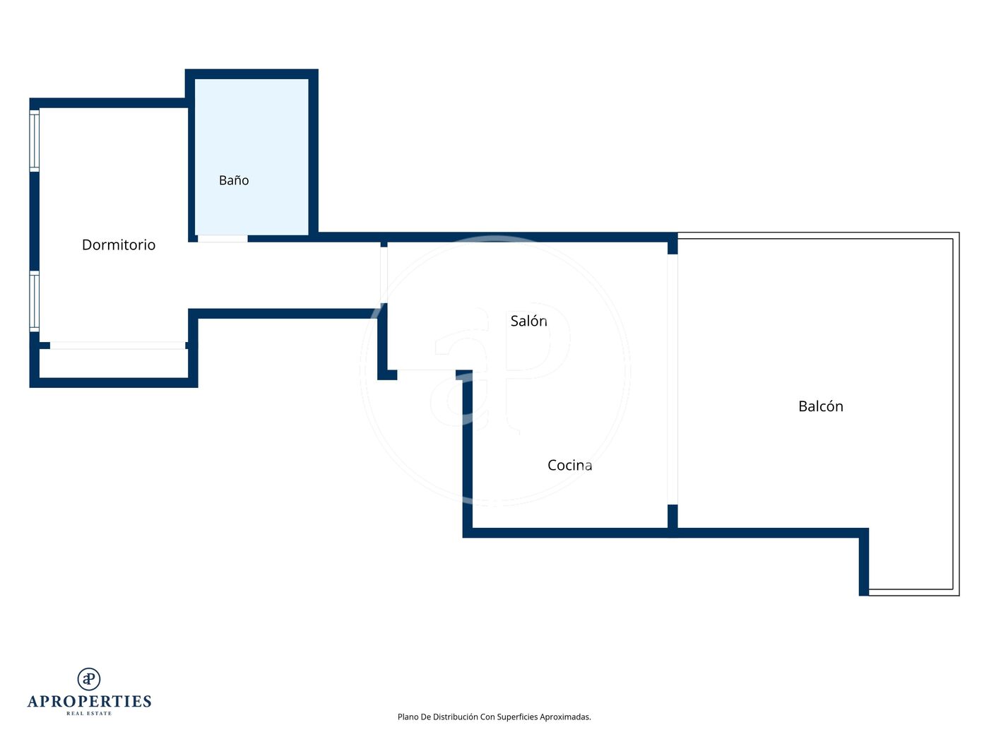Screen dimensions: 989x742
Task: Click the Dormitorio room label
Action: [119, 245]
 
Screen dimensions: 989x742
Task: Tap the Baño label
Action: [234, 179]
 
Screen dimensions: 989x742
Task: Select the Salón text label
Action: [528, 321]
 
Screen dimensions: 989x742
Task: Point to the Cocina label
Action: [569, 465]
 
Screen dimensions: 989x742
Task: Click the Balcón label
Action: [820, 406]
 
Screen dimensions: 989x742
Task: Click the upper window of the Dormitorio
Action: [34, 141]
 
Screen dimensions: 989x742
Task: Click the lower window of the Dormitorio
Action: [34, 301]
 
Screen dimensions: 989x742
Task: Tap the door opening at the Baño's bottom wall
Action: [223, 238]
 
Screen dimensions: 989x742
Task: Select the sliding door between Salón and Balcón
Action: [673, 379]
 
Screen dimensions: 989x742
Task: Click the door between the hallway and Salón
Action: [384, 275]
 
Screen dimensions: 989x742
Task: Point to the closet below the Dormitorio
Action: [114, 363]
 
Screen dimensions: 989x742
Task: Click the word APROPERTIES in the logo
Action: [89, 701]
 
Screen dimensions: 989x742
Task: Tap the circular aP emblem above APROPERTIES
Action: [89, 678]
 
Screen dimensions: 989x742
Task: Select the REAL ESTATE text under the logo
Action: [89, 713]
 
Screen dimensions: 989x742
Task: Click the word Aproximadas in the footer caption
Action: [565, 717]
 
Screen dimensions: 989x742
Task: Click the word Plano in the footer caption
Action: [408, 717]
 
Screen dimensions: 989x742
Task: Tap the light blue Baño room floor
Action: [251, 157]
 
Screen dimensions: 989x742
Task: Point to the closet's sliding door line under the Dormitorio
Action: [117, 345]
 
